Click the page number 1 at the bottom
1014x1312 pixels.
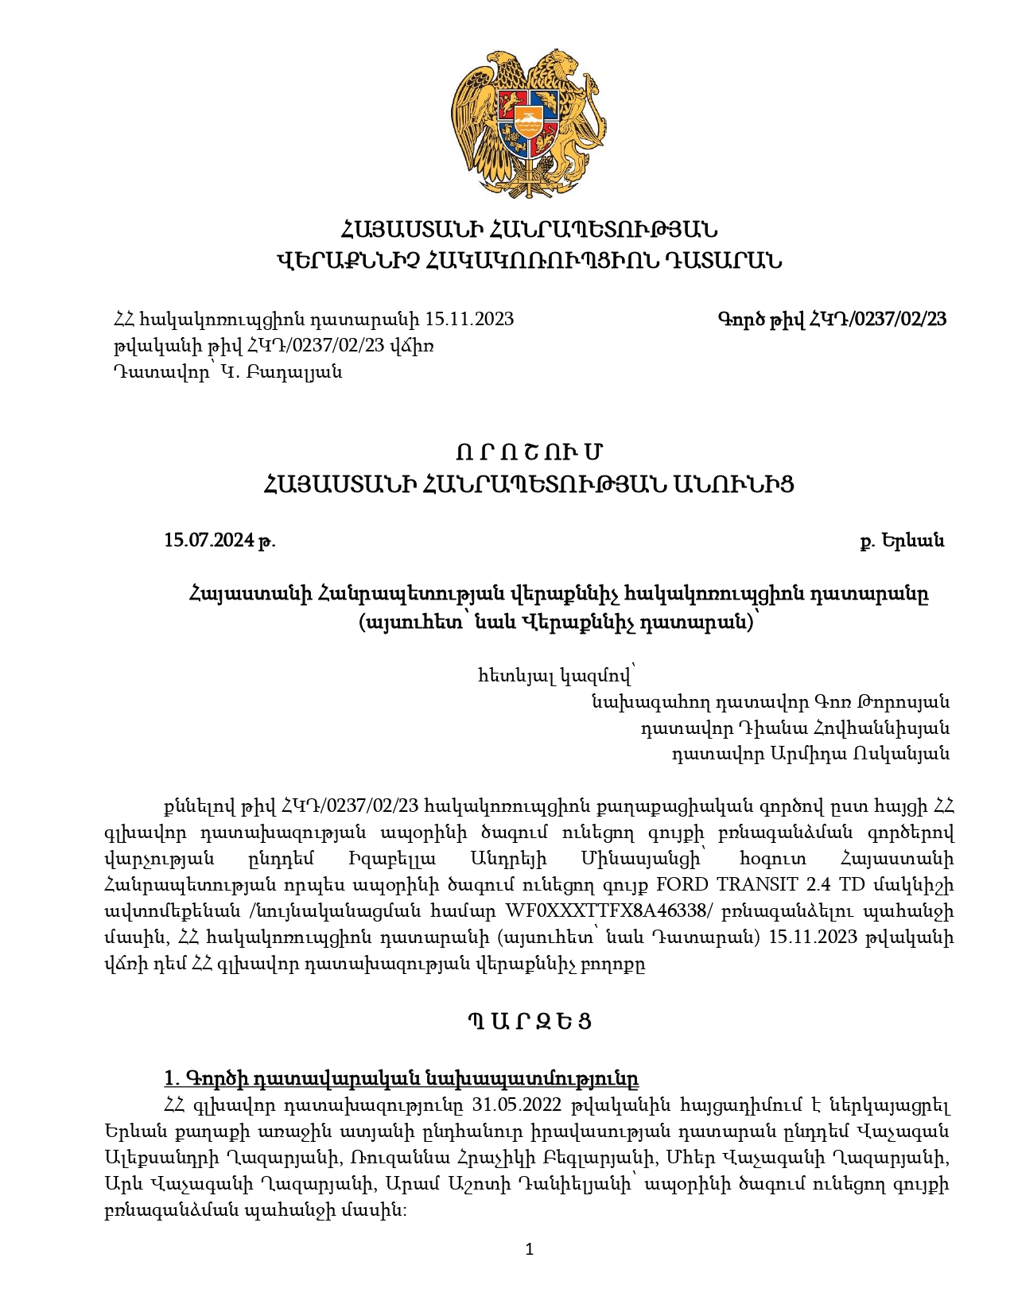[x=530, y=1250]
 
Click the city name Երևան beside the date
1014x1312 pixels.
[x=913, y=541]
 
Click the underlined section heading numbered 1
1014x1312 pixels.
[x=401, y=1079]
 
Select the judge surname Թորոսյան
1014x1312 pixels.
[x=906, y=702]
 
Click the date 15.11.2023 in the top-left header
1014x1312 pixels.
[x=469, y=320]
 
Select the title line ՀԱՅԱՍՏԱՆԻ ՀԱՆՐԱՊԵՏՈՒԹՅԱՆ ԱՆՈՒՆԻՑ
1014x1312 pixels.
[x=529, y=484]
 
